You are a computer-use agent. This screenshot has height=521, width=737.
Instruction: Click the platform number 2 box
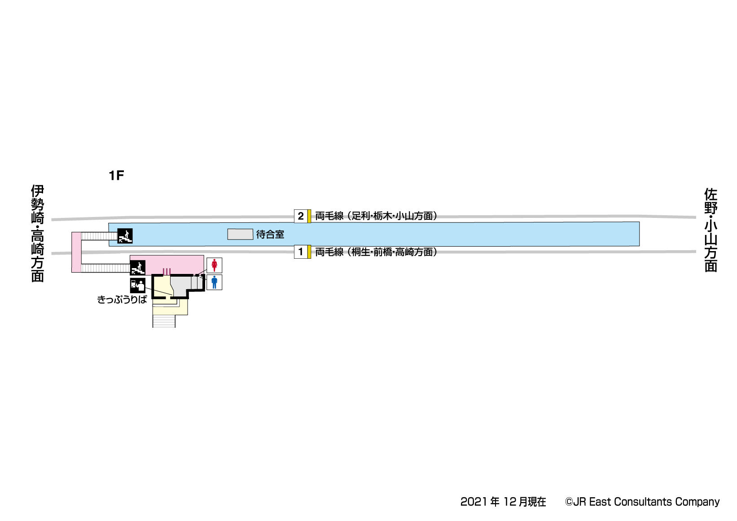(x=301, y=216)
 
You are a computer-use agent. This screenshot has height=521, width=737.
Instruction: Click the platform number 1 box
(x=301, y=252)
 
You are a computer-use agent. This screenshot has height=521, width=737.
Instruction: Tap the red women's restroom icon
(x=214, y=265)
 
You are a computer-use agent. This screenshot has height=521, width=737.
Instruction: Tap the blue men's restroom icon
(x=214, y=282)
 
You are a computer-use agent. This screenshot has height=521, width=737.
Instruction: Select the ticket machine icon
(x=138, y=285)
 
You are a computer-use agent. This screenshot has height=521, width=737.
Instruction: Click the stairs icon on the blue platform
(x=125, y=236)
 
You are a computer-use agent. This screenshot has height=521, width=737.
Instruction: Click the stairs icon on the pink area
(x=137, y=268)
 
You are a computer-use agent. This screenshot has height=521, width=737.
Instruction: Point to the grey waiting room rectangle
(x=240, y=234)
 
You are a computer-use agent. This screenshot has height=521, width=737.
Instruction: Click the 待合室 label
(x=270, y=234)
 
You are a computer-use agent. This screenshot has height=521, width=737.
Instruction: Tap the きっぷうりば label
(x=122, y=300)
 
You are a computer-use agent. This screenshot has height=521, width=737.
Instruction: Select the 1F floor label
(x=116, y=176)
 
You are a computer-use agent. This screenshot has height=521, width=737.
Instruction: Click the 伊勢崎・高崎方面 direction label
(x=38, y=233)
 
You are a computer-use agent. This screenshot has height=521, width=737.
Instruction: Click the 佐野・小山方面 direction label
(x=711, y=230)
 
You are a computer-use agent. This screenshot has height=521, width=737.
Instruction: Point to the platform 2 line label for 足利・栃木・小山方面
(x=376, y=216)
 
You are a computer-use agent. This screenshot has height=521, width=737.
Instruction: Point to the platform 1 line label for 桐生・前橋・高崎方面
(x=376, y=252)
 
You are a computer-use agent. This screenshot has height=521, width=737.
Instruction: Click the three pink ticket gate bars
(x=167, y=271)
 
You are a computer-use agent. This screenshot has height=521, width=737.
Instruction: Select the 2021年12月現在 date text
(x=503, y=502)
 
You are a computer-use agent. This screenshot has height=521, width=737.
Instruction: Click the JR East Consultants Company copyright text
(x=642, y=502)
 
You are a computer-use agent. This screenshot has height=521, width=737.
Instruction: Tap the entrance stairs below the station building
(x=164, y=321)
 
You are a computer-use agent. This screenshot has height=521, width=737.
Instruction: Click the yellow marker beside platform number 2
(x=309, y=216)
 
